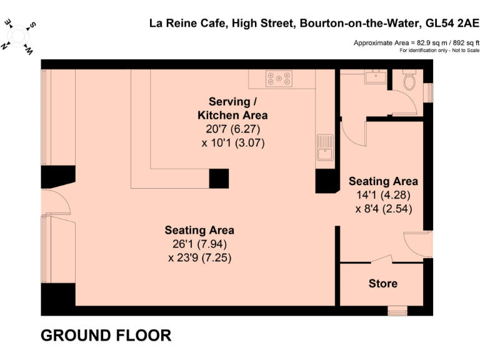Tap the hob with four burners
pos(279,78)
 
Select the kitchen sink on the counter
pos(325,147)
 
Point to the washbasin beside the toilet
pos(377,78)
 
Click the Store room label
pos(382,283)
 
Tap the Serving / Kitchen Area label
pos(232,108)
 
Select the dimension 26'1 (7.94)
pos(199,244)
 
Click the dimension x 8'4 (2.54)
pos(383,208)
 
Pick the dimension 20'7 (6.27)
pos(232,129)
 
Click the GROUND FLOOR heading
pos(106,336)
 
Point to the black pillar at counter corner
pos(218,178)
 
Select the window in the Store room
pos(396,309)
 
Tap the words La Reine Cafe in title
pos(186,24)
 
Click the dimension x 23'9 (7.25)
pos(199,257)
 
